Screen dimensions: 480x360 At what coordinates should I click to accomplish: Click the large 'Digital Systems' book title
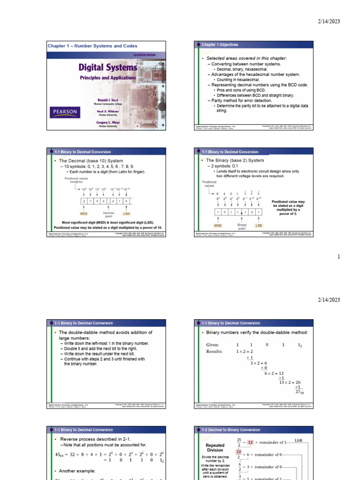[x=107, y=67]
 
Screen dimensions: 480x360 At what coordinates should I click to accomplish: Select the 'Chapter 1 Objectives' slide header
[x=220, y=45]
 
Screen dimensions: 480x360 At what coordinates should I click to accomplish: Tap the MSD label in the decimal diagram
[x=84, y=213]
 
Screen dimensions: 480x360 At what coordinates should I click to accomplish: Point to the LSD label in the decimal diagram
[x=127, y=213]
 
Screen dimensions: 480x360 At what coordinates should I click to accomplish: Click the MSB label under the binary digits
[x=217, y=225]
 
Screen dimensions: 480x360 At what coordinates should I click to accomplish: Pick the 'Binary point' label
[x=242, y=227]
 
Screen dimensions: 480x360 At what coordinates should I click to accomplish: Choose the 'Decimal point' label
[x=108, y=215]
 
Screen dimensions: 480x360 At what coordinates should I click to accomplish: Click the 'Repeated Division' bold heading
[x=216, y=447]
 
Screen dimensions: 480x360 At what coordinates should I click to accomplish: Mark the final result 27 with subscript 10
[x=299, y=391]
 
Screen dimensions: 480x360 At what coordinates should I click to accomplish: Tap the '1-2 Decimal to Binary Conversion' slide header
[x=231, y=429]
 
